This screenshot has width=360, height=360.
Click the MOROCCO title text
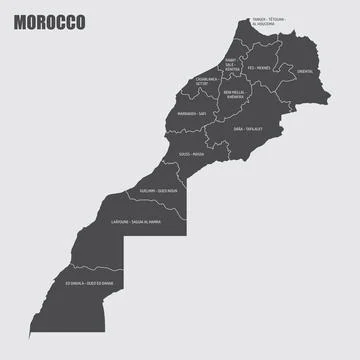coord(50,22)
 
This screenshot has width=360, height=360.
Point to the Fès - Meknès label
coord(258,68)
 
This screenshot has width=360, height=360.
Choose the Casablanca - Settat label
coord(200,82)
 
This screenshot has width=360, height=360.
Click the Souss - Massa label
coord(191,154)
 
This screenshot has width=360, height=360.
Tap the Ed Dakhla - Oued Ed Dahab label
coord(89,284)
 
